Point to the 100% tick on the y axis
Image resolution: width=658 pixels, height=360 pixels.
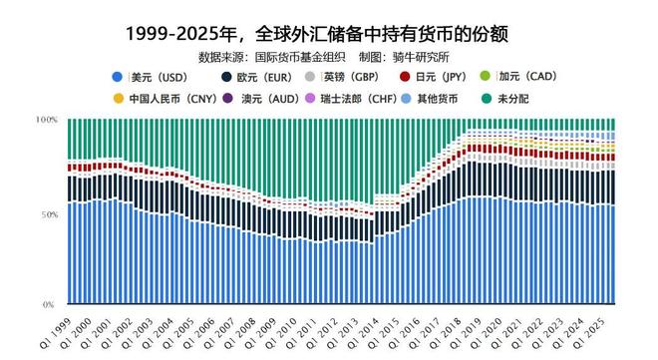point(47,120)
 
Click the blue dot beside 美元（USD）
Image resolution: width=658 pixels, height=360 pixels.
point(119,76)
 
